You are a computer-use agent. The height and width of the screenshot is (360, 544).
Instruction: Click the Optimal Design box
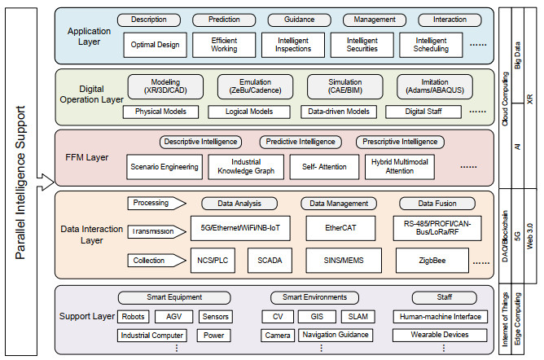tap(156, 45)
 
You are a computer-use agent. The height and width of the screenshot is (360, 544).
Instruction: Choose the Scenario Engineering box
tap(164, 167)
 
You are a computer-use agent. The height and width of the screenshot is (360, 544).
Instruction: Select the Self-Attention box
tap(318, 167)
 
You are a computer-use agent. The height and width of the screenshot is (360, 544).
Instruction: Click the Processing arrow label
tap(152, 203)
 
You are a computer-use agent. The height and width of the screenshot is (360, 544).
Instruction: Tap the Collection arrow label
tap(152, 261)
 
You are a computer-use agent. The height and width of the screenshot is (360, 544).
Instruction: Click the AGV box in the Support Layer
tap(175, 317)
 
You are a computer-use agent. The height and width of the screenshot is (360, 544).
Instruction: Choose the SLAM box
tap(358, 317)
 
